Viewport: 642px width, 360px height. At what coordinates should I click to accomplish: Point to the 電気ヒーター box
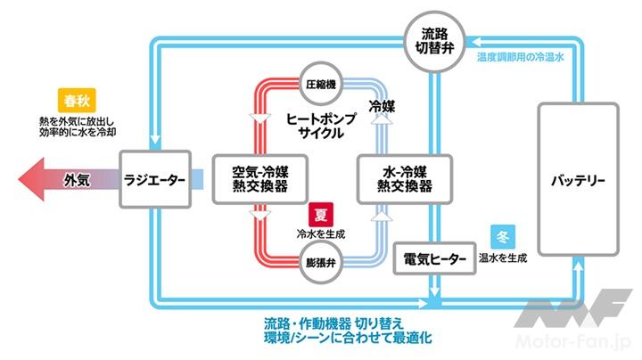click(x=435, y=259)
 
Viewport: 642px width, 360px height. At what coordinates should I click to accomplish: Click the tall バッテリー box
click(x=578, y=181)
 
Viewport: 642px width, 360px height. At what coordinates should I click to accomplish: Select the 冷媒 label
click(x=383, y=105)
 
